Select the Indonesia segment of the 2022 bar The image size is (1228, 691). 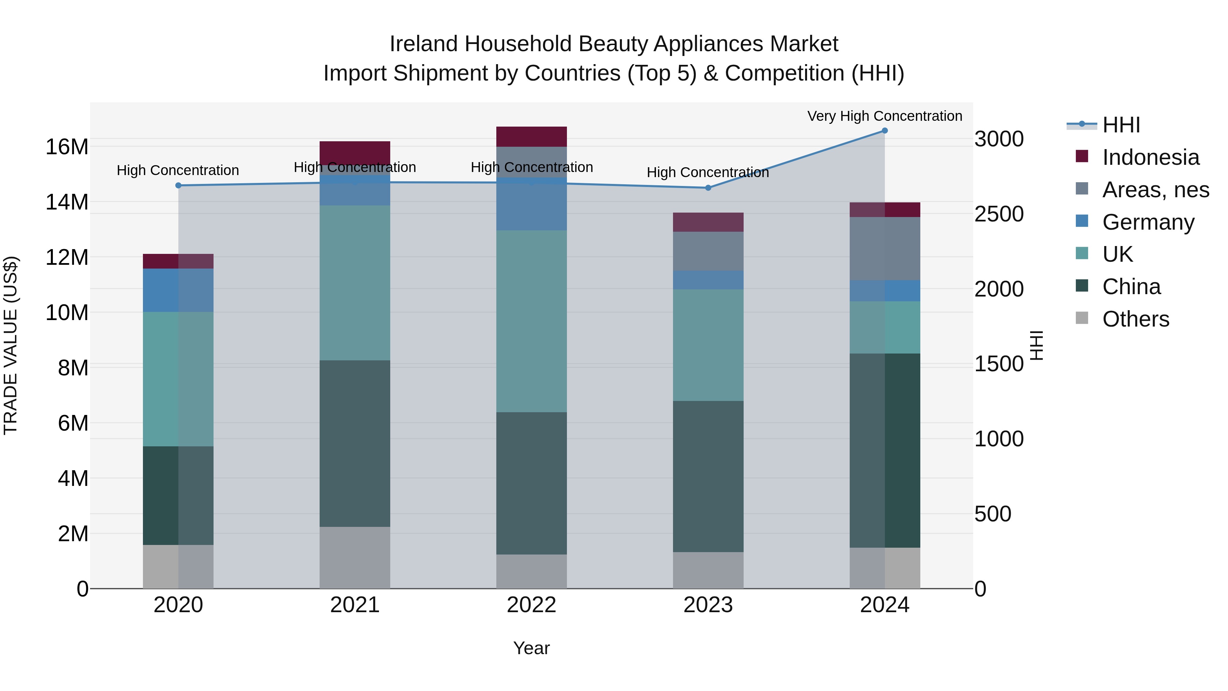tap(531, 136)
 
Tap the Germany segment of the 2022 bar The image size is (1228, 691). tap(531, 204)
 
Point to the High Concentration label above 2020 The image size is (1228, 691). tap(178, 170)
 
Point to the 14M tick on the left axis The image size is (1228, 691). tap(67, 202)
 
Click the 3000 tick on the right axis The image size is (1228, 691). tap(999, 139)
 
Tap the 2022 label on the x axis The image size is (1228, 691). tap(531, 605)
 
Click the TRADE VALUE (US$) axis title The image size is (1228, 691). tap(11, 345)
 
